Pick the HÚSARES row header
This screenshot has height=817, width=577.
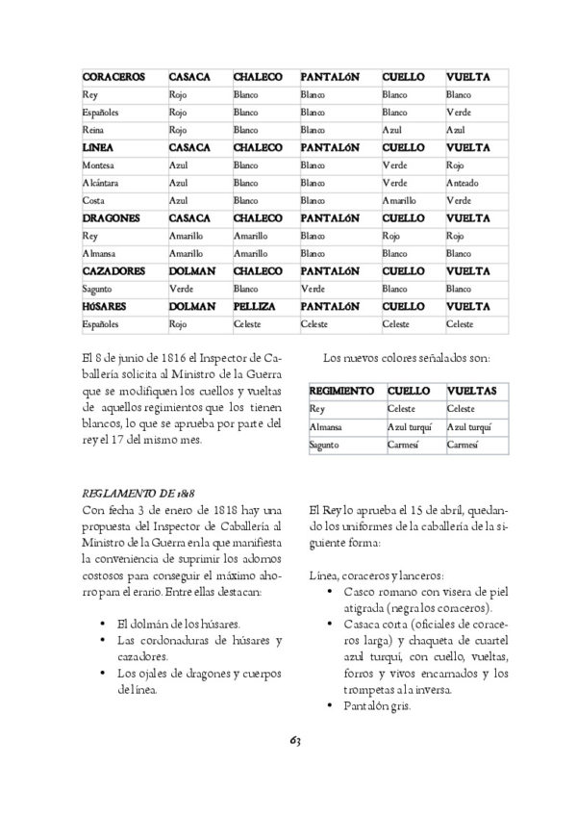click(106, 305)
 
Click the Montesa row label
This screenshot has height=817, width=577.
click(99, 166)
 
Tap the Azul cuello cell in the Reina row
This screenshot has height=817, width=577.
click(390, 130)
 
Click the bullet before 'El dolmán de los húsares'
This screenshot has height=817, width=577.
click(102, 625)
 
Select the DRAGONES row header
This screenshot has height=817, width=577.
click(112, 218)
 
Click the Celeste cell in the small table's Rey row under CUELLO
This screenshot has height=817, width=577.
click(401, 409)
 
